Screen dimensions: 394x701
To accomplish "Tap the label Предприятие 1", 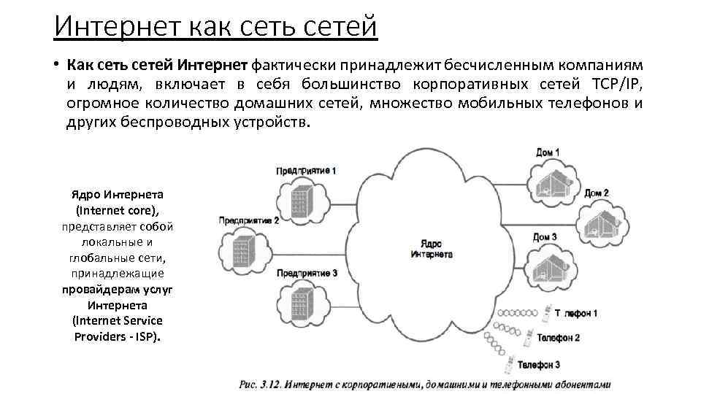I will coord(306,171).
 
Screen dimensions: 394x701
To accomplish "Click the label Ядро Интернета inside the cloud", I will coord(431,249).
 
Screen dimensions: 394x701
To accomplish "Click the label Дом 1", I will coord(548,152).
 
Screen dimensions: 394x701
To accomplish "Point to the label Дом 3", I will coord(545,237).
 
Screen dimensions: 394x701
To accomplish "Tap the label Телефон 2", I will coord(559,338).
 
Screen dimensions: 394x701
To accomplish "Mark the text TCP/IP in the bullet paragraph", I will coord(614,83).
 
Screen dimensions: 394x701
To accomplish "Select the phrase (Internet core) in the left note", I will coord(117,210).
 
